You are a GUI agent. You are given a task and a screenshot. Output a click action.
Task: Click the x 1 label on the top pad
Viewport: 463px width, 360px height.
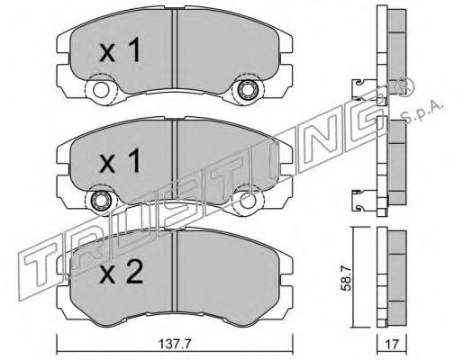pyautogui.click(x=120, y=49)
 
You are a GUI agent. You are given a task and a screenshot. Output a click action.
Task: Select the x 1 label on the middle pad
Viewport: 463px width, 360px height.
pyautogui.click(x=120, y=160)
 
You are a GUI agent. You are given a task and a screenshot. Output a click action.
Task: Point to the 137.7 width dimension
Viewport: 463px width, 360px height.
pyautogui.click(x=175, y=344)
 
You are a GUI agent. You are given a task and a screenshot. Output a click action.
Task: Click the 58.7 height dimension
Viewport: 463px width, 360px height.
pyautogui.click(x=347, y=280)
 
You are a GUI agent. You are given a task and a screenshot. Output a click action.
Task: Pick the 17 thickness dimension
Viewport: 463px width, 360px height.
pyautogui.click(x=392, y=344)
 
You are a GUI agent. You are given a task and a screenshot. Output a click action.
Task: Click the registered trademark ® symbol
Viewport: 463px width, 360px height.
pyautogui.click(x=404, y=86)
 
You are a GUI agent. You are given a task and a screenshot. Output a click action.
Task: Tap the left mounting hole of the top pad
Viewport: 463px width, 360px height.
pyautogui.click(x=101, y=90)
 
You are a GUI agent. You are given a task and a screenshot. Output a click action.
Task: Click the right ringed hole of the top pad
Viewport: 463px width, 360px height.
pyautogui.click(x=246, y=89)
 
